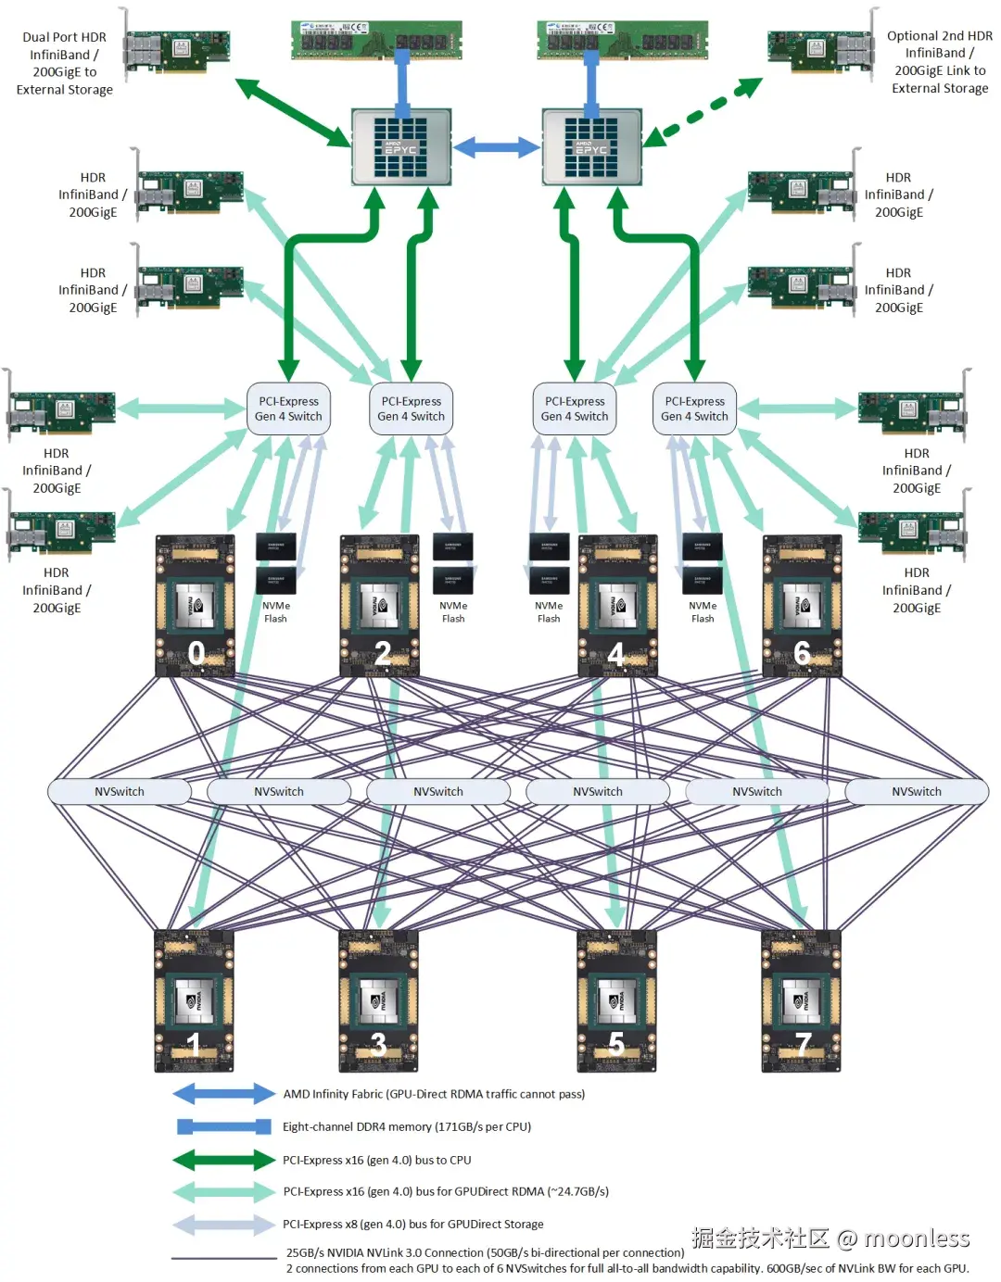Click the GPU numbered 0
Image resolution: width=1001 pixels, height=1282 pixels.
click(195, 606)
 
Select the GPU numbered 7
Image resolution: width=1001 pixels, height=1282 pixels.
click(801, 1001)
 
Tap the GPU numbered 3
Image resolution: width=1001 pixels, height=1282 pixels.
click(378, 1001)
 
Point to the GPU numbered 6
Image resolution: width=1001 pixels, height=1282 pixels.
click(802, 606)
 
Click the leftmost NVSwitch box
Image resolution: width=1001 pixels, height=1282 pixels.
click(120, 792)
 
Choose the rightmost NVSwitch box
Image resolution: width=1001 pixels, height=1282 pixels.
click(917, 792)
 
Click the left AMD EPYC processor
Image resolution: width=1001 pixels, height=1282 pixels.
click(401, 146)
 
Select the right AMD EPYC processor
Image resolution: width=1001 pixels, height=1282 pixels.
click(592, 146)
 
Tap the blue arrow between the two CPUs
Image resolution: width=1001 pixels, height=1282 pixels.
click(497, 146)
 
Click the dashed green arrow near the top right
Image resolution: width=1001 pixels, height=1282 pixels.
click(704, 111)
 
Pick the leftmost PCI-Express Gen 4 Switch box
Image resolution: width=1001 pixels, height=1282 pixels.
click(288, 409)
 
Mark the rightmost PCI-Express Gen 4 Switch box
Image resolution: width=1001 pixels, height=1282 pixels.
click(694, 409)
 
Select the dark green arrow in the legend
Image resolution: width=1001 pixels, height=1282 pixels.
click(223, 1160)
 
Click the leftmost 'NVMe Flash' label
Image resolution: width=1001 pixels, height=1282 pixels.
click(276, 612)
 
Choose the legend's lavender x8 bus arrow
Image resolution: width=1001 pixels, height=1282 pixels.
click(223, 1225)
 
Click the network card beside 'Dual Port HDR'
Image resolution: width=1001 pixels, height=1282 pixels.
click(176, 52)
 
